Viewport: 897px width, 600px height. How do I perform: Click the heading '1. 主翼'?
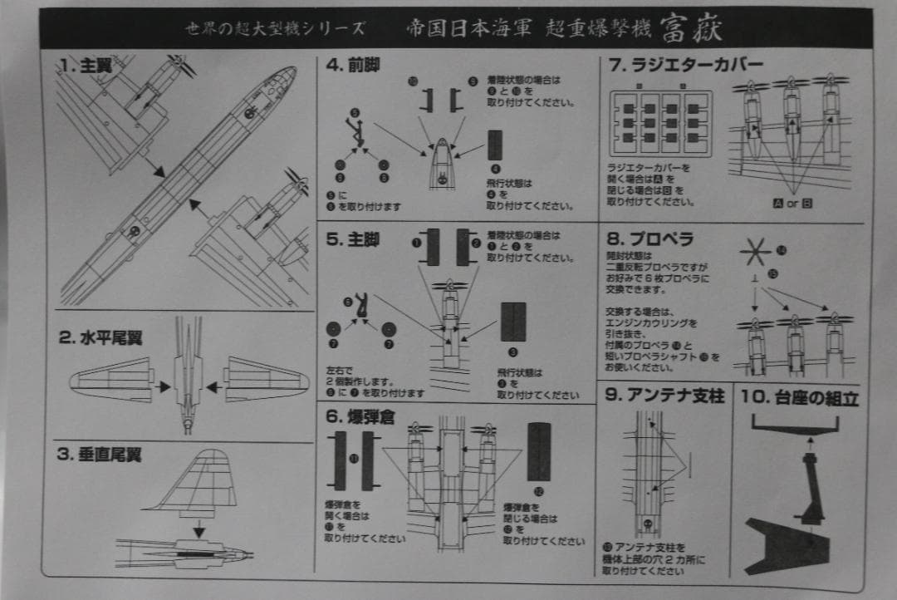coord(80,66)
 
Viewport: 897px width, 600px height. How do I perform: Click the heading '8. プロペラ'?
coord(650,239)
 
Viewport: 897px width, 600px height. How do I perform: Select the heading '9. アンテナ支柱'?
coord(665,396)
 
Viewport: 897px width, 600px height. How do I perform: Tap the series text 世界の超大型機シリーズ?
coord(275,28)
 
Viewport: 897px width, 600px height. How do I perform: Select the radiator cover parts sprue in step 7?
coord(661,123)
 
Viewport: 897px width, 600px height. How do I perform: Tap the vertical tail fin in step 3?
coord(199,482)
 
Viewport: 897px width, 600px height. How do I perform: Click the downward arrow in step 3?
coord(199,529)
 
